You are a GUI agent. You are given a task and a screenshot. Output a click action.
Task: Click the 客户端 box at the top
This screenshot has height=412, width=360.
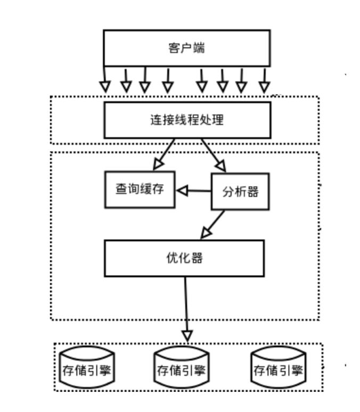(186, 48)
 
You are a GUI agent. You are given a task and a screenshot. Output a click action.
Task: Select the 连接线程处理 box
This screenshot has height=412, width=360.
(186, 120)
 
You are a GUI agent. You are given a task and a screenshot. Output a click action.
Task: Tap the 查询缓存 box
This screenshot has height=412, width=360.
(139, 190)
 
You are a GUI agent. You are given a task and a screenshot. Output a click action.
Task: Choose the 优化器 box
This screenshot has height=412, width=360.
(184, 258)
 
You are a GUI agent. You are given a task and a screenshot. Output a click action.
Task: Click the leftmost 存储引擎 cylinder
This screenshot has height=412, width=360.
(87, 368)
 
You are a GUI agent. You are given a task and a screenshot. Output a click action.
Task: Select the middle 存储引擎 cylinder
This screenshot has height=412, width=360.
(181, 368)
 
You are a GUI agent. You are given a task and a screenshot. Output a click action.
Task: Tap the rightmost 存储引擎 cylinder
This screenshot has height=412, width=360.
(279, 368)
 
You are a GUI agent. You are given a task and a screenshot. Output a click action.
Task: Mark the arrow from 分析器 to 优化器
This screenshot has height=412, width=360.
(213, 224)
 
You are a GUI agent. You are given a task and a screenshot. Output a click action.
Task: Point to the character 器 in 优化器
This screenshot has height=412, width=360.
(197, 259)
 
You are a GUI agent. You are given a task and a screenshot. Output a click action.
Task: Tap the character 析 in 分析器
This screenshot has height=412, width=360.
(241, 192)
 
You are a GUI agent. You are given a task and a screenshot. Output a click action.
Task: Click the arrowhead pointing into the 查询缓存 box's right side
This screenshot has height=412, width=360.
(182, 191)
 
